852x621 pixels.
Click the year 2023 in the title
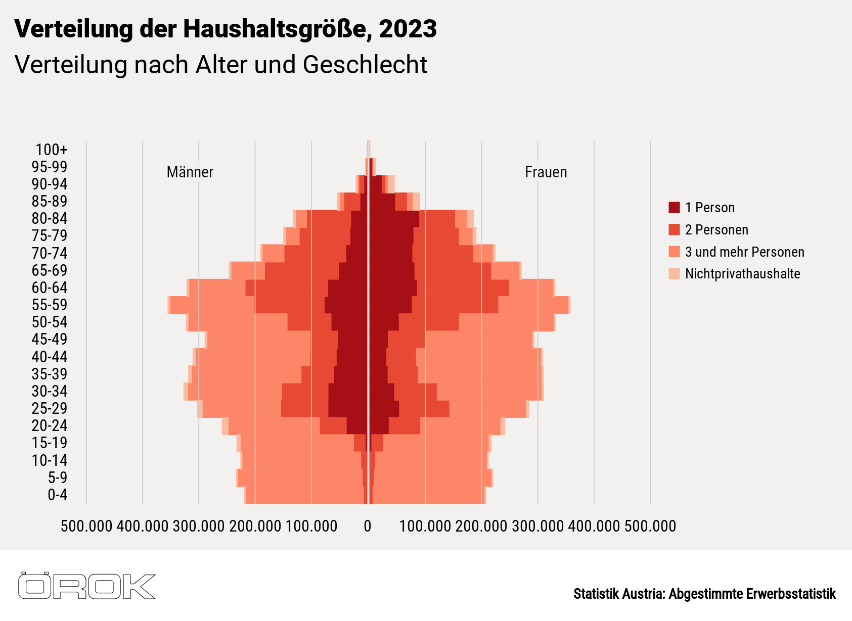(x=408, y=29)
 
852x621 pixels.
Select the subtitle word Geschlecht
(x=365, y=65)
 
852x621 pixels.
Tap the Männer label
(x=190, y=172)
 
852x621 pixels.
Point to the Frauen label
(x=546, y=172)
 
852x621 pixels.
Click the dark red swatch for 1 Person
(x=674, y=208)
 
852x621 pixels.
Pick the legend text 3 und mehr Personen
(x=744, y=252)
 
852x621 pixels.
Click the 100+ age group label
(x=51, y=150)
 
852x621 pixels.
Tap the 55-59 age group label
(x=50, y=305)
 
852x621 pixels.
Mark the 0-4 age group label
(x=57, y=495)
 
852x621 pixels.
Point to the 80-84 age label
(x=50, y=219)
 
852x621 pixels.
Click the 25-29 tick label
(x=50, y=408)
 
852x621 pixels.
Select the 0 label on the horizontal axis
(x=368, y=527)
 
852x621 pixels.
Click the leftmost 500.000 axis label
(x=86, y=527)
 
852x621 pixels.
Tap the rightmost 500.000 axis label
(x=650, y=527)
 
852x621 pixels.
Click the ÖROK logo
(x=86, y=586)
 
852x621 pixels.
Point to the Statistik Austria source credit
(x=704, y=594)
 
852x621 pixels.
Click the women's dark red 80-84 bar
(x=394, y=219)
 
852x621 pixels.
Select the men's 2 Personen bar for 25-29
(x=304, y=408)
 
